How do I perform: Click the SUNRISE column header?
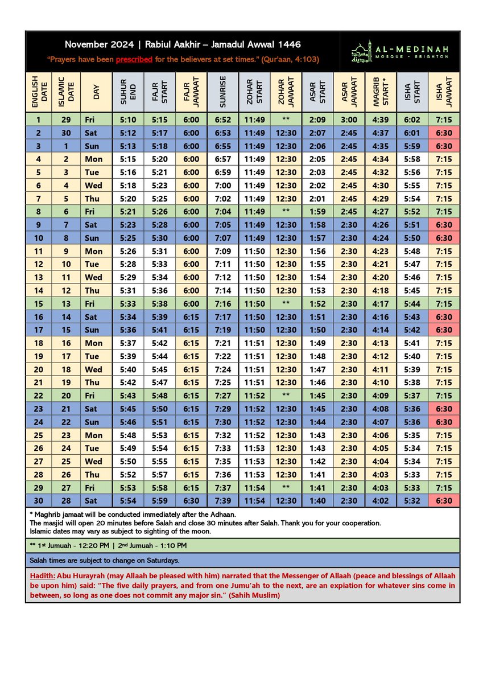click(x=223, y=92)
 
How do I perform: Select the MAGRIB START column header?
click(x=381, y=92)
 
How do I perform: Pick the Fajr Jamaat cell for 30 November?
click(x=191, y=500)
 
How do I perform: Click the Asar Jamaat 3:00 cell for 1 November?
click(x=349, y=120)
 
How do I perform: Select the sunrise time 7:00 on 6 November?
click(x=223, y=186)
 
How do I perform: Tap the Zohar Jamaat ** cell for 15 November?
click(x=286, y=303)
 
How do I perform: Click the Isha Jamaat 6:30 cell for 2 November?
click(x=444, y=133)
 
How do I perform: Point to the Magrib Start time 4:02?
click(x=381, y=500)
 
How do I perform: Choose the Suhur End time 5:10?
click(x=128, y=120)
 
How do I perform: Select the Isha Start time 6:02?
click(x=412, y=120)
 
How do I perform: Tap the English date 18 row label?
click(x=39, y=343)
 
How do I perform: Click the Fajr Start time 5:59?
click(x=160, y=500)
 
